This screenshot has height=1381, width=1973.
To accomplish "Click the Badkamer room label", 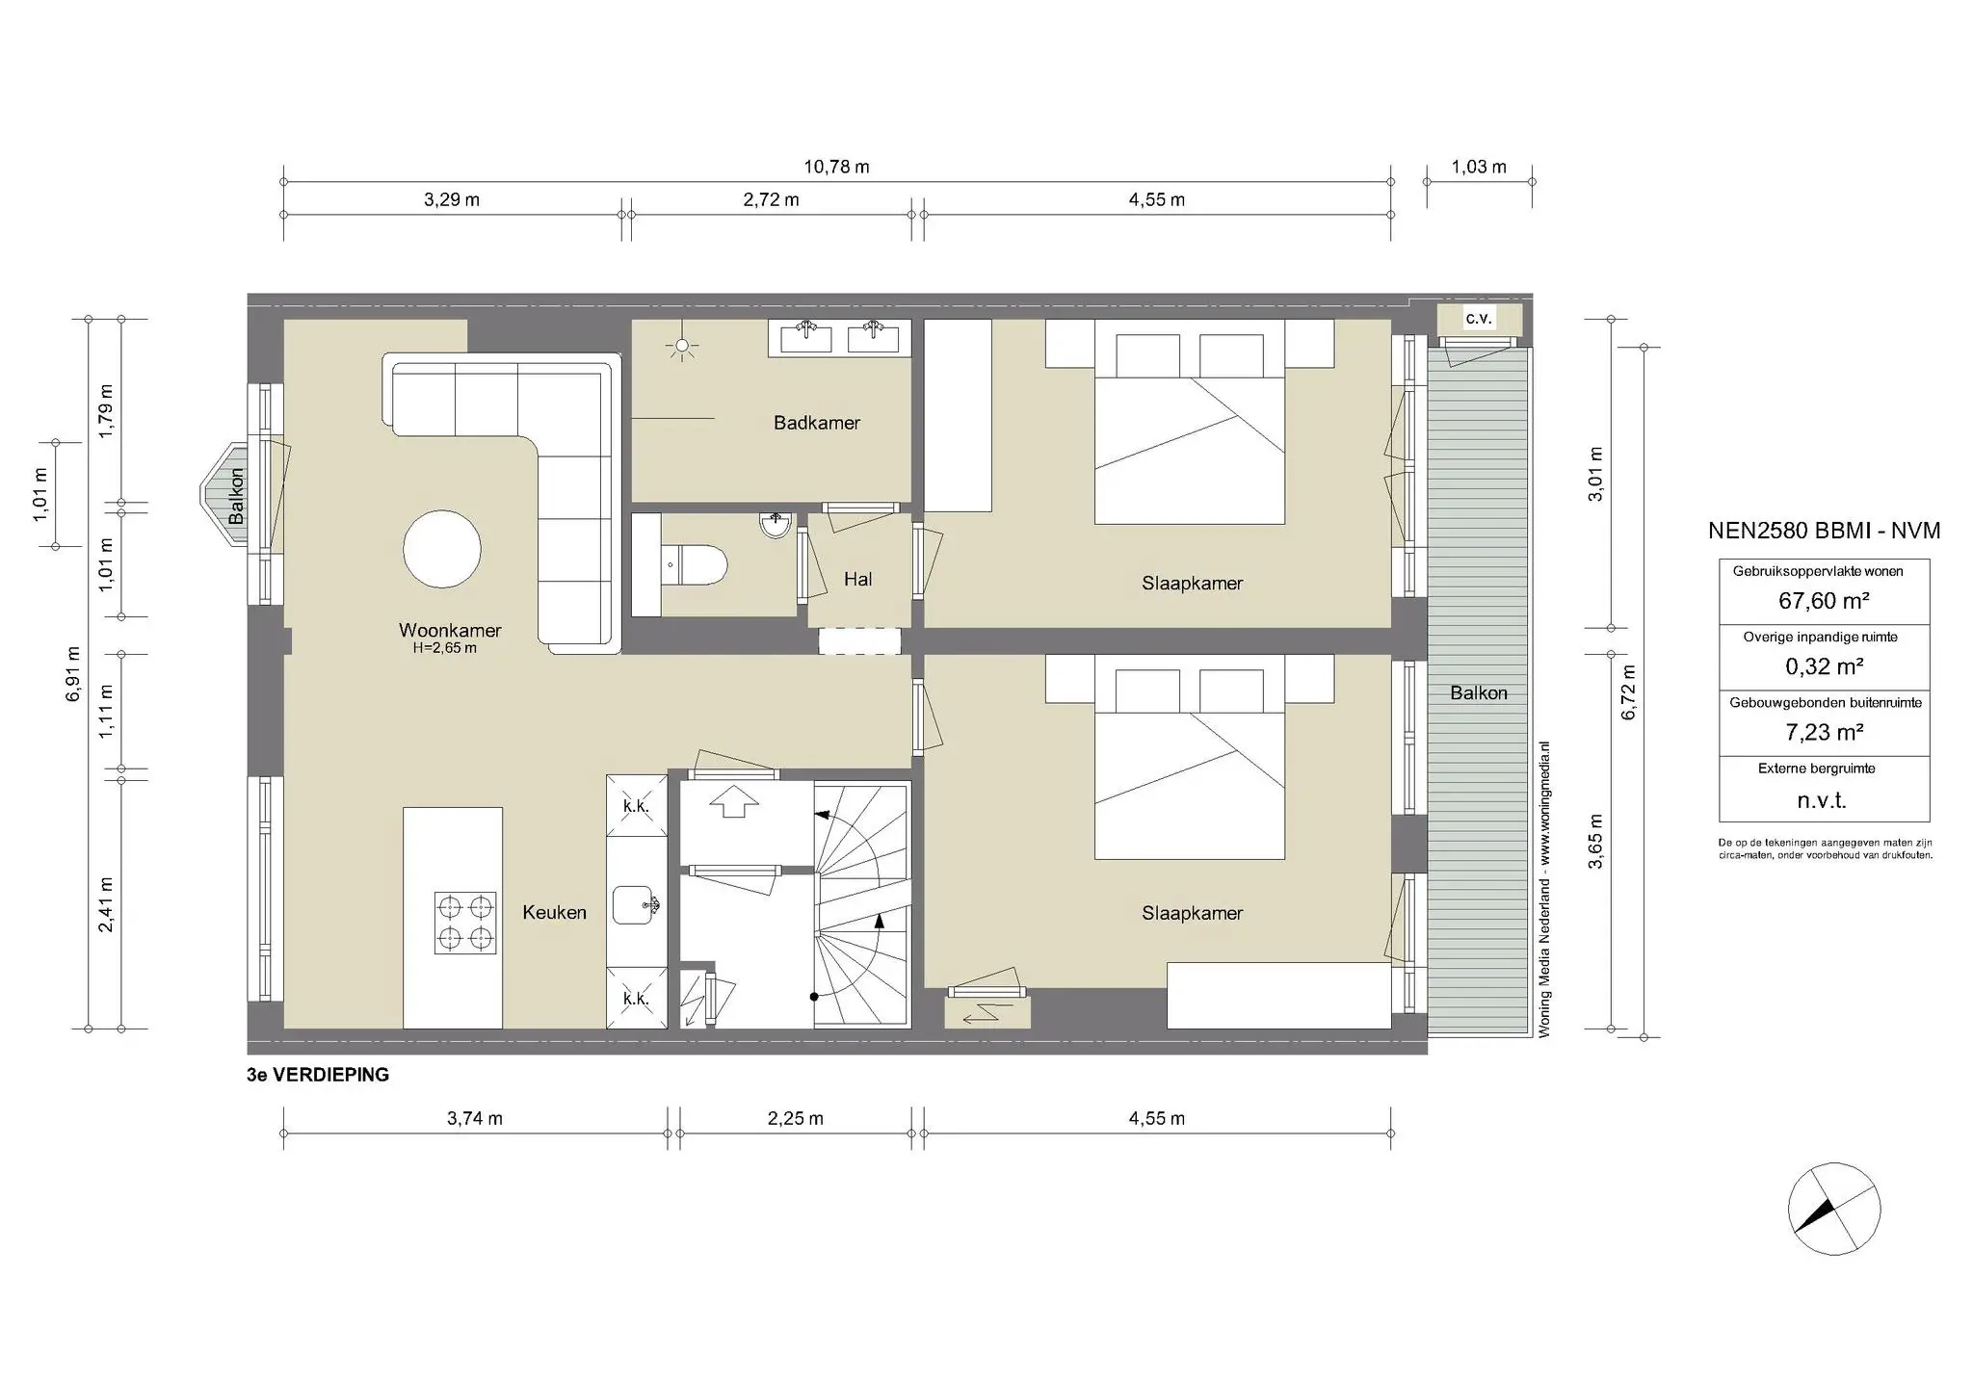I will click(816, 423).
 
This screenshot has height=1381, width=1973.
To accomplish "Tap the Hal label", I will click(857, 579).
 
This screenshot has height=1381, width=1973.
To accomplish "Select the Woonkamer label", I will click(450, 631).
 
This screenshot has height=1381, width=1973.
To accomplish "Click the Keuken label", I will click(554, 912).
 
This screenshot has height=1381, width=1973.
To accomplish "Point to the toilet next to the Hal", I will click(696, 565).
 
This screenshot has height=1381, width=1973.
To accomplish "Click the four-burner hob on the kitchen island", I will click(465, 922).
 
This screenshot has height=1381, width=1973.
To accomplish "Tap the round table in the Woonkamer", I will click(441, 549).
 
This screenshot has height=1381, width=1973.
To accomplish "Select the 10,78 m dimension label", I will click(836, 167).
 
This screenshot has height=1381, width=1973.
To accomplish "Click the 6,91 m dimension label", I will click(74, 673).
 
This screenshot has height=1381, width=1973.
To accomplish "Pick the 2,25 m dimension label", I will click(795, 1118).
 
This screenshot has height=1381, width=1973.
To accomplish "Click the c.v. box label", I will click(1479, 318).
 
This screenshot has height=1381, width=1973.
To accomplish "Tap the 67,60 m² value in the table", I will click(1824, 601).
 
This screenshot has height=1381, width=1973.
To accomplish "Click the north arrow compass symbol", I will click(1833, 1209).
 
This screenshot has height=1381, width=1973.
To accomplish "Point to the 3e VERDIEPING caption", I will click(318, 1075).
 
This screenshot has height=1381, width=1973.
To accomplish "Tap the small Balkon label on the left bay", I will click(236, 496).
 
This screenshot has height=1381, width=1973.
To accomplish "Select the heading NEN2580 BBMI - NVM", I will click(1824, 531).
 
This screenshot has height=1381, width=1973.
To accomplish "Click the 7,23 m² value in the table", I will click(1824, 733).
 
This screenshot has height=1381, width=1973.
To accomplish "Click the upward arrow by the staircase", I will click(734, 800).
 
